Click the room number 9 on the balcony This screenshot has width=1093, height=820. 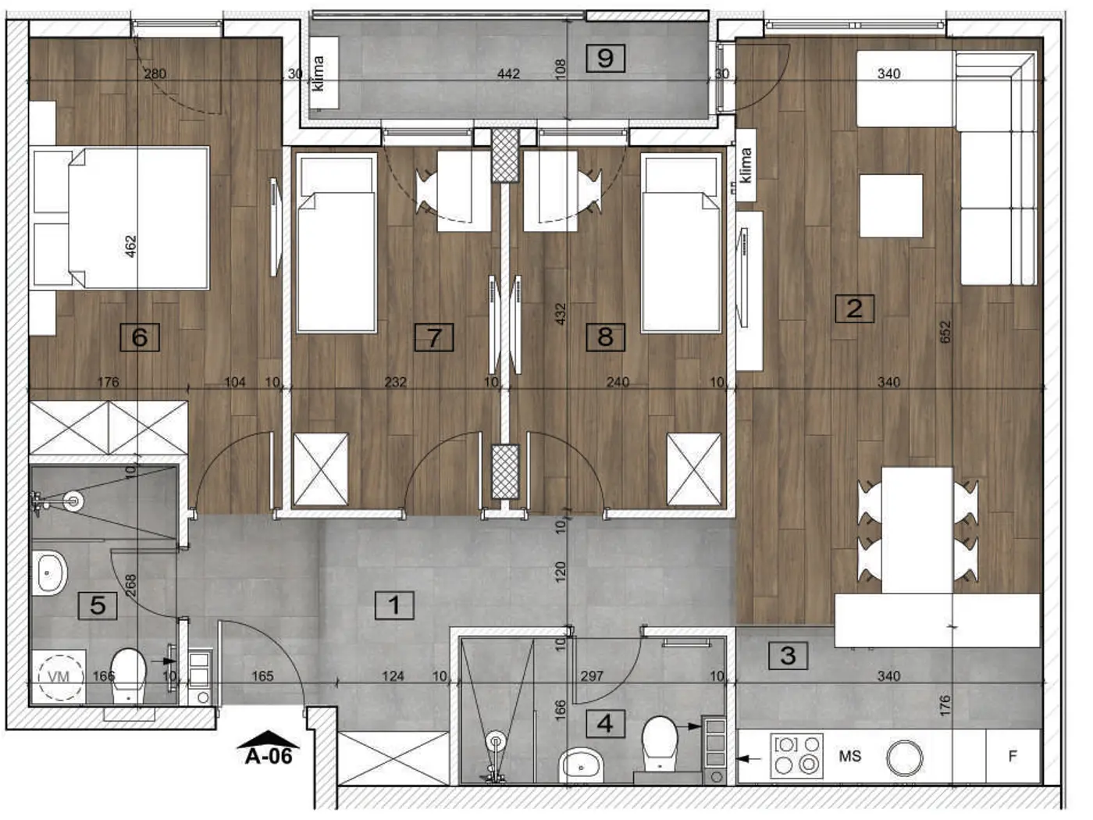(605, 59)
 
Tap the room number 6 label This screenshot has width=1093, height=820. (140, 337)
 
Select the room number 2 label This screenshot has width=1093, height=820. (854, 308)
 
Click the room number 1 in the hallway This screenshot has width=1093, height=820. (394, 605)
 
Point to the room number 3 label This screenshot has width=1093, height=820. (789, 655)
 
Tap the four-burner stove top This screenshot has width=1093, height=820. (797, 756)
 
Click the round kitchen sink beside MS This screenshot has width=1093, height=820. (905, 758)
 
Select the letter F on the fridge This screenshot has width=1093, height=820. (1013, 756)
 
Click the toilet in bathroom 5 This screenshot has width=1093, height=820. (129, 676)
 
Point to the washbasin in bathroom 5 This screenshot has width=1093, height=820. (50, 572)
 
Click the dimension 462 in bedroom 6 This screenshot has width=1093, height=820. (130, 246)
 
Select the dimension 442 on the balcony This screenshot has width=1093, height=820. (508, 73)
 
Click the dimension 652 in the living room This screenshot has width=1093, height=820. (945, 332)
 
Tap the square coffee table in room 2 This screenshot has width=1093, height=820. (891, 205)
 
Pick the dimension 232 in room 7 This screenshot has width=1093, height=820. (396, 382)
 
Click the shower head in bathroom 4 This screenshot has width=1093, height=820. (496, 740)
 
